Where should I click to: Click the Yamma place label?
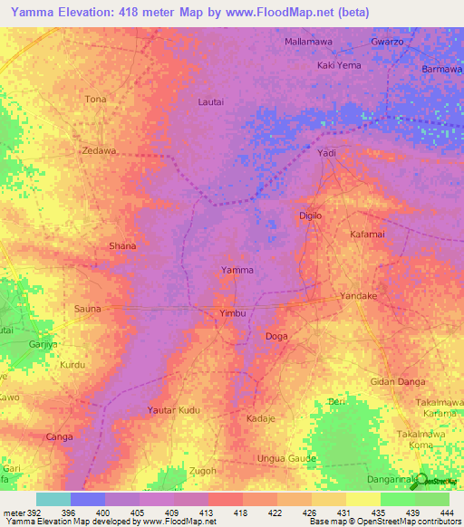[237, 270]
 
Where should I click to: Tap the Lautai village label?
[210, 102]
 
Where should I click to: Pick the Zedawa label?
[99, 151]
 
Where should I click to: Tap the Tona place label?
[95, 99]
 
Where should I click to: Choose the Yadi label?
[326, 153]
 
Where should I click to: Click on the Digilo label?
[311, 216]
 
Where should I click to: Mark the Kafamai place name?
[368, 234]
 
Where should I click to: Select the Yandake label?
[357, 296]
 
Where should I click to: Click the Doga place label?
[276, 336]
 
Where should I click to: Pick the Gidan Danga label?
[397, 382]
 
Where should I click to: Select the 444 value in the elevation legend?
[448, 513]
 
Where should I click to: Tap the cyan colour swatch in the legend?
[53, 499]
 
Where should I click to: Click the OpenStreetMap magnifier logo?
[420, 483]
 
